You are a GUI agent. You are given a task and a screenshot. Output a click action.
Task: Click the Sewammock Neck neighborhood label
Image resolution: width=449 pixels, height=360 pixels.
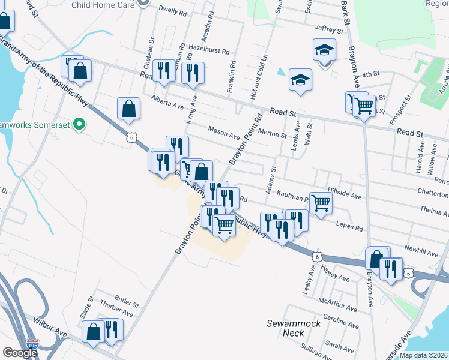(x=294, y=328)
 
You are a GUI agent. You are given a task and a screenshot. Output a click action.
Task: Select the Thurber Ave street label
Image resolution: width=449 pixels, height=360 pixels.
(x=116, y=313)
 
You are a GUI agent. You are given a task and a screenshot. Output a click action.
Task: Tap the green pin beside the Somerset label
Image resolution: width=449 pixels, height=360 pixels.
(x=83, y=125)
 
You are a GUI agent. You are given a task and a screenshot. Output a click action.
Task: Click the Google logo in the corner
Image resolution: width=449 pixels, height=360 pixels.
(x=19, y=353)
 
